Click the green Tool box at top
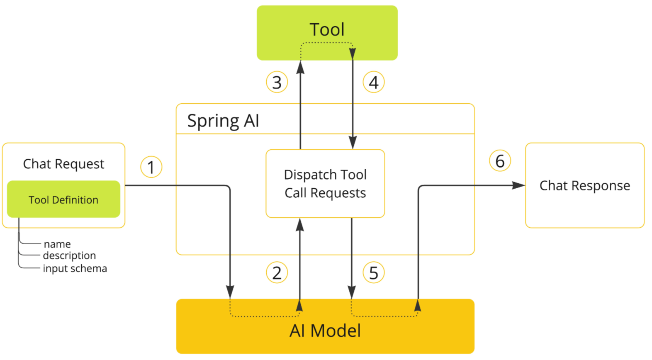[327, 21]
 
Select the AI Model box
[325, 331]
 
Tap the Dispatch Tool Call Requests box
[325, 184]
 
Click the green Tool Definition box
[63, 199]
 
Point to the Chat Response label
[584, 185]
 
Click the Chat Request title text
[63, 164]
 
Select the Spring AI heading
[223, 121]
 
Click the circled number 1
[151, 167]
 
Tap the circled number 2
[277, 272]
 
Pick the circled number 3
[277, 82]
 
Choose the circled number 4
[373, 82]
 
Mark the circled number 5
[373, 272]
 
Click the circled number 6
[500, 161]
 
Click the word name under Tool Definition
[57, 244]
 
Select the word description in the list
[69, 255]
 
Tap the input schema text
[75, 268]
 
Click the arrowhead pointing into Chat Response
[518, 185]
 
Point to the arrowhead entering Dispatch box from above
[353, 142]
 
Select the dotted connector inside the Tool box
[327, 43]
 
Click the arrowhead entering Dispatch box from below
[300, 225]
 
